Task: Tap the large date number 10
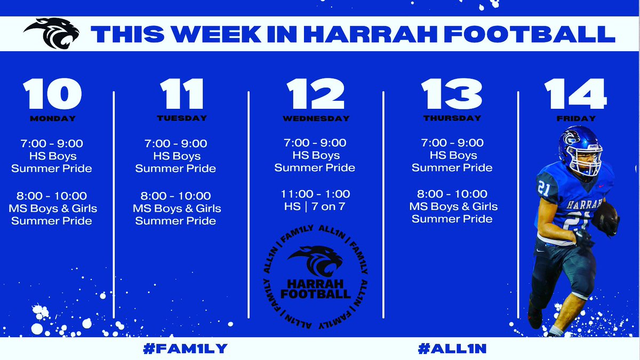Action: [x=52, y=94]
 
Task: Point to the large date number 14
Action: [x=575, y=94]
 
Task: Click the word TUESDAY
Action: [x=182, y=118]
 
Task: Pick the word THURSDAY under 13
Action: [x=452, y=118]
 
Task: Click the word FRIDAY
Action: [x=576, y=118]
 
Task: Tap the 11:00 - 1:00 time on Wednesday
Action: [x=315, y=194]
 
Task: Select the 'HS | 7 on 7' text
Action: [x=315, y=206]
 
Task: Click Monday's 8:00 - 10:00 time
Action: [x=52, y=196]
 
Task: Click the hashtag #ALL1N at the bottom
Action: [x=452, y=348]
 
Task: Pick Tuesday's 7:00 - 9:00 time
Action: [x=175, y=143]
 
